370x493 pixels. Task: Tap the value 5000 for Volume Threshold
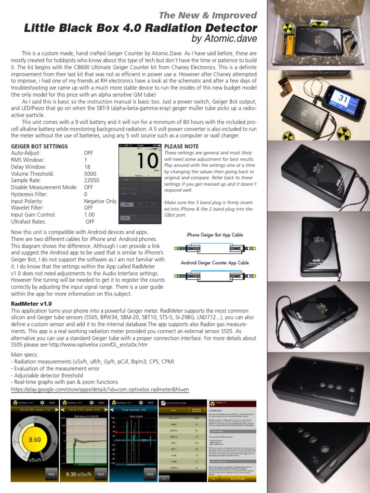90,173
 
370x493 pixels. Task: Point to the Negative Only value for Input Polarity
100,201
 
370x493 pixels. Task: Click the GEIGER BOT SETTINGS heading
39,146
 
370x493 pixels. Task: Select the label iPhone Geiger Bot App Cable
214,234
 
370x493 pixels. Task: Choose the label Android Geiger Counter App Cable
215,263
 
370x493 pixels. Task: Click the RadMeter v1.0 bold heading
31,304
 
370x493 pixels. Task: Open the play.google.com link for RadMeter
100,389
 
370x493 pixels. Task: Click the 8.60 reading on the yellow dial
35,439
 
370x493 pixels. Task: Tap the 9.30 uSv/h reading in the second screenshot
78,474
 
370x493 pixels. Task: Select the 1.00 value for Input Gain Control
90,215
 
